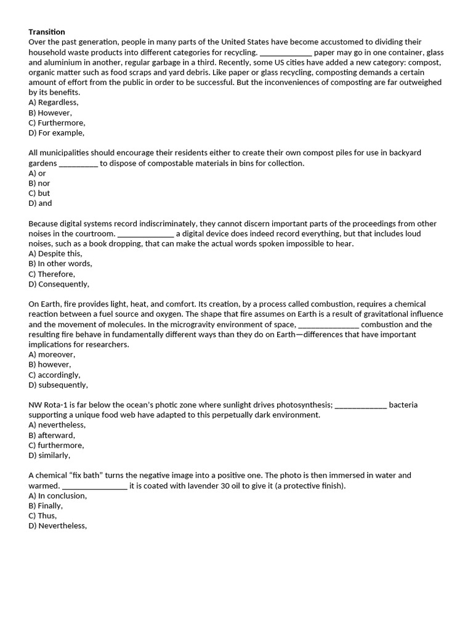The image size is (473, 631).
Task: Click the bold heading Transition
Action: pos(47,32)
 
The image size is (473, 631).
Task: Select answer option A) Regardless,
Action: pos(54,103)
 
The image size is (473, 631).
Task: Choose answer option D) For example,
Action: pos(57,132)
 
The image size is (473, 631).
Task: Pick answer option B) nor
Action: pos(39,183)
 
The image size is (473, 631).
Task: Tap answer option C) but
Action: pos(39,193)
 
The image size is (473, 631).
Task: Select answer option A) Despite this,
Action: pos(55,253)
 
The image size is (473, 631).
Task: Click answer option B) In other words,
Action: pos(60,264)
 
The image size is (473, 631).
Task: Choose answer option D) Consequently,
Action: pos(59,284)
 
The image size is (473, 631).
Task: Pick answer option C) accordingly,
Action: pos(55,375)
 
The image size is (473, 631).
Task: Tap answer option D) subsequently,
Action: pos(59,385)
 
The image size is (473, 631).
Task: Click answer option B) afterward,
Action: pos(52,435)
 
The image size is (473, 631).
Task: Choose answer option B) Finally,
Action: pos(46,506)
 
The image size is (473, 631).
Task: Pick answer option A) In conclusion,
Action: pos(58,495)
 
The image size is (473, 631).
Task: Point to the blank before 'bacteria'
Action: pos(360,405)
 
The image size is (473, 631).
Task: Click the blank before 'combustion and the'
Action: pos(328,325)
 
